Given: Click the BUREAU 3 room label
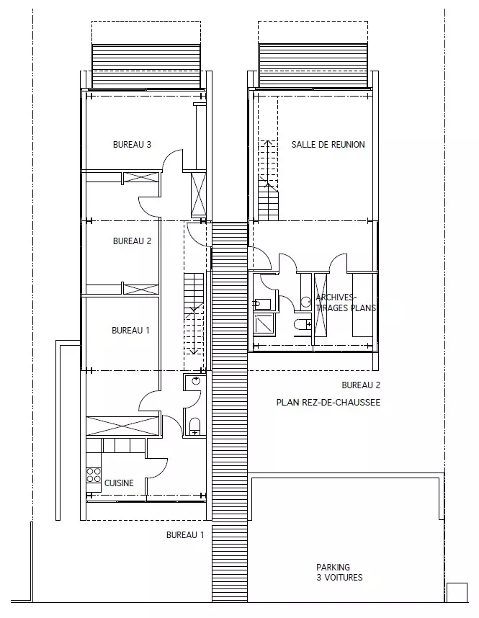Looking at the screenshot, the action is pyautogui.click(x=132, y=144).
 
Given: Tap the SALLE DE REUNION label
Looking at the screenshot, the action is pyautogui.click(x=328, y=144).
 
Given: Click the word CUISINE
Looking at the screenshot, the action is pyautogui.click(x=119, y=483).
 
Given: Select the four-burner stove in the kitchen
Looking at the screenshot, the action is pyautogui.click(x=94, y=475).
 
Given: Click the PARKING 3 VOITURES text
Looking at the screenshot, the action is pyautogui.click(x=339, y=573).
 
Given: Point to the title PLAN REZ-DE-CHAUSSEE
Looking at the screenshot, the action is pyautogui.click(x=328, y=403).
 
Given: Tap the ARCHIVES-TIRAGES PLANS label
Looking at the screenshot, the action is pyautogui.click(x=346, y=303).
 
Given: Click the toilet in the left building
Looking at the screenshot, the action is pyautogui.click(x=194, y=427).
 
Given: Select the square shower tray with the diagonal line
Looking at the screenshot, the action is pyautogui.click(x=264, y=324).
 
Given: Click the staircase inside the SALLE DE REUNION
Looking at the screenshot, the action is pyautogui.click(x=268, y=180).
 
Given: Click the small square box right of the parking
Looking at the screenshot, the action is pyautogui.click(x=457, y=593).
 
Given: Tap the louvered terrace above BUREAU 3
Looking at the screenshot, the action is pyautogui.click(x=146, y=66).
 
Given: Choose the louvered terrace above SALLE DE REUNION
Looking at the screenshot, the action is pyautogui.click(x=313, y=66).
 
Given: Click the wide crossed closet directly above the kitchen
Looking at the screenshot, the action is pyautogui.click(x=122, y=426).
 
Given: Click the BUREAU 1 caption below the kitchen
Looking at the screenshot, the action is pyautogui.click(x=185, y=535).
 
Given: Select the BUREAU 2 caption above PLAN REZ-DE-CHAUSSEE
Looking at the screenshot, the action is pyautogui.click(x=361, y=385).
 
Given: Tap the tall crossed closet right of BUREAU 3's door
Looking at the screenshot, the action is pyautogui.click(x=198, y=195).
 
